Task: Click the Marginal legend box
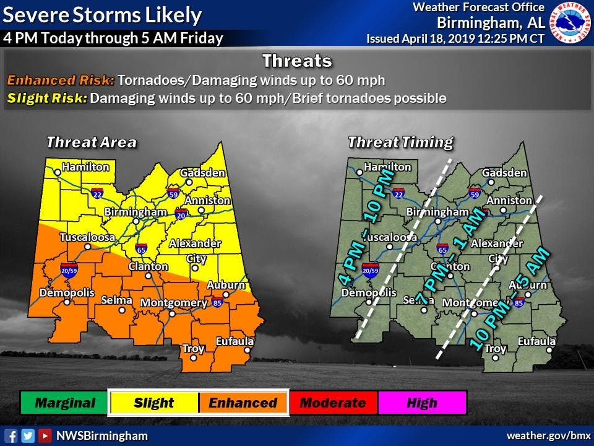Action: click(x=65, y=403)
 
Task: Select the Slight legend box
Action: click(x=153, y=403)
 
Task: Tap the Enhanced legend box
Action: click(x=243, y=403)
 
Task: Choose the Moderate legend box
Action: click(x=332, y=403)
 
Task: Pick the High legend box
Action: click(x=422, y=403)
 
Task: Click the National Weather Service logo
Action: click(x=572, y=23)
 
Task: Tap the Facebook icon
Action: click(x=11, y=435)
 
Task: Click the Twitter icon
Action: click(x=28, y=435)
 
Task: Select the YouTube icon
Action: click(x=45, y=435)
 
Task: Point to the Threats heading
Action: click(x=296, y=61)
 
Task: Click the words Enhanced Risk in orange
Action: click(x=61, y=81)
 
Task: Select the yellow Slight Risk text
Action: click(x=46, y=98)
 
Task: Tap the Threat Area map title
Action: click(x=92, y=142)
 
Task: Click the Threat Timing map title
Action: click(x=400, y=142)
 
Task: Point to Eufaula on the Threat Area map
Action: click(x=235, y=341)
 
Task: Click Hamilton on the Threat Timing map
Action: click(x=387, y=167)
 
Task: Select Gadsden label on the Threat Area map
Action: click(x=203, y=173)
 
